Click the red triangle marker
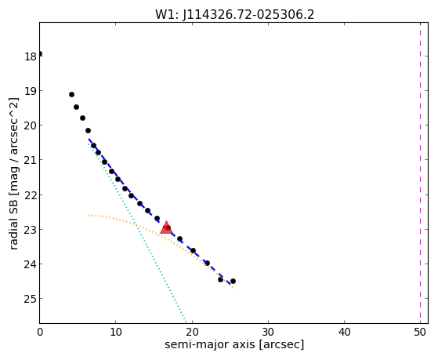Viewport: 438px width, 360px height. click(x=166, y=227)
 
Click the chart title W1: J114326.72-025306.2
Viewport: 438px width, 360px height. click(x=234, y=14)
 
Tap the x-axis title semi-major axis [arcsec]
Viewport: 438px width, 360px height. click(x=234, y=344)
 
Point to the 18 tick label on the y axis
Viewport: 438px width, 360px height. click(x=31, y=56)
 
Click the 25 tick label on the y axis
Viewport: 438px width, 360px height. click(x=31, y=299)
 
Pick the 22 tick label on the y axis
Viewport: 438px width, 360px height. click(x=31, y=195)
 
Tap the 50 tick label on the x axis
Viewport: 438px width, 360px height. click(x=420, y=333)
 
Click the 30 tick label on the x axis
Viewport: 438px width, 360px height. click(x=268, y=333)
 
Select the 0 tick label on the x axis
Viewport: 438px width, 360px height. click(x=40, y=333)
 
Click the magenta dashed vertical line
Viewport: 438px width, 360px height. click(x=420, y=173)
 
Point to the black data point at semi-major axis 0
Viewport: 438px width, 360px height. click(x=40, y=53)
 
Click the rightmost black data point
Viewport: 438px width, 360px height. click(x=233, y=281)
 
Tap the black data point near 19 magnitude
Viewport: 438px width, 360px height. click(x=71, y=95)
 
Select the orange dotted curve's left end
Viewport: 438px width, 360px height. click(x=89, y=216)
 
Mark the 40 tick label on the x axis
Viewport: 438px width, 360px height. click(x=344, y=333)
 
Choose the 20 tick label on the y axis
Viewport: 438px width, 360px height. click(x=31, y=125)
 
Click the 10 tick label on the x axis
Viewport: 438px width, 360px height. click(x=116, y=333)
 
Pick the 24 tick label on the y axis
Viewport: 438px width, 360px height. click(x=31, y=264)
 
